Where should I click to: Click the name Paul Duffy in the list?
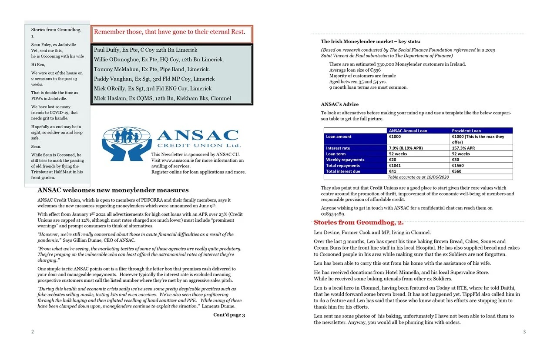106,50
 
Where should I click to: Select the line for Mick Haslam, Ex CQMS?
162,98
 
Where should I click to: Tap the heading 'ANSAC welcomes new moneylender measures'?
113,190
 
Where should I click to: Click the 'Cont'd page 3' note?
229,315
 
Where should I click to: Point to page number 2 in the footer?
33,332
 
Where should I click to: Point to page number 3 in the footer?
524,332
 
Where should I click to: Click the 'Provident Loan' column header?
466,130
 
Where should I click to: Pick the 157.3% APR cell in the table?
463,148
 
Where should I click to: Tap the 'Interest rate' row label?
338,148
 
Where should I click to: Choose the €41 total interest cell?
393,171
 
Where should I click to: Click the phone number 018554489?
333,214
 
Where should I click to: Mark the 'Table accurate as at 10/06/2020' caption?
418,177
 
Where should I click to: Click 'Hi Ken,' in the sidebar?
38,64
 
